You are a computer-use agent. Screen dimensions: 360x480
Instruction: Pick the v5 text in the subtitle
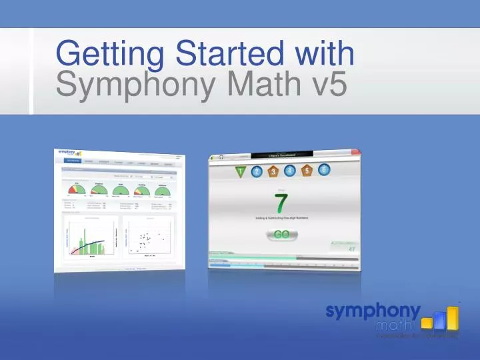click(324, 85)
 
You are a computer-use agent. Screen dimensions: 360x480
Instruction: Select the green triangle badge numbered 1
click(240, 173)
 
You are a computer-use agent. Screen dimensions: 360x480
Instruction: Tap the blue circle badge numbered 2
click(257, 173)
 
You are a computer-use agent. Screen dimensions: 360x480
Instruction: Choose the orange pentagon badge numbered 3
click(273, 173)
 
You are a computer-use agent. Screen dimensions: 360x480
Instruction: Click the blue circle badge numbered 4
click(289, 171)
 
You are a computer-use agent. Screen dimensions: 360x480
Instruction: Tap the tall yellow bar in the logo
click(453, 319)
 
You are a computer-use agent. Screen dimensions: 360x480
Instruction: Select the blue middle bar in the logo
click(439, 324)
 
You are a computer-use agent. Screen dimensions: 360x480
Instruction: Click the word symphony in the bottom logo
click(373, 311)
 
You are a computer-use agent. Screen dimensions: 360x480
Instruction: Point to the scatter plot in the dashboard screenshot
click(146, 240)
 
